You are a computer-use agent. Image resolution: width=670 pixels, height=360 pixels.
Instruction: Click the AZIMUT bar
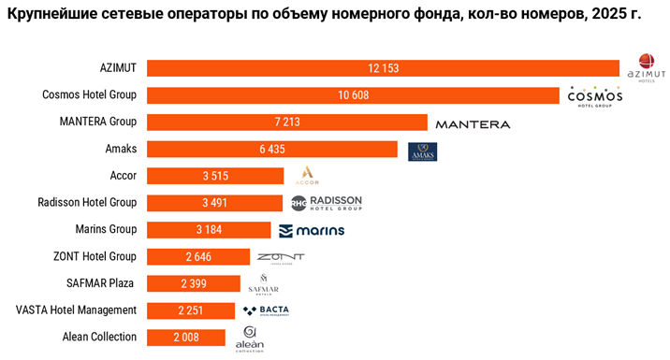pyautogui.click(x=383, y=68)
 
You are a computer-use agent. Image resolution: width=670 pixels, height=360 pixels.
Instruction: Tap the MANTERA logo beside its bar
pyautogui.click(x=473, y=123)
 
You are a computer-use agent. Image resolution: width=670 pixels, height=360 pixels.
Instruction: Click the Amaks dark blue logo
pyautogui.click(x=422, y=151)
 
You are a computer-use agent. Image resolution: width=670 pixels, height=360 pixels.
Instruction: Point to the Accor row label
pyautogui.click(x=123, y=175)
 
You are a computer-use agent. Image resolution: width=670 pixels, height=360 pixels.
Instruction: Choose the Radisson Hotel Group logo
pyautogui.click(x=325, y=203)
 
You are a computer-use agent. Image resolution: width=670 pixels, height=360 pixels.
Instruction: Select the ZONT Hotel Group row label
pyautogui.click(x=95, y=256)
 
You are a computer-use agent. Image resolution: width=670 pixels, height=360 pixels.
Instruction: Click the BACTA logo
pyautogui.click(x=266, y=310)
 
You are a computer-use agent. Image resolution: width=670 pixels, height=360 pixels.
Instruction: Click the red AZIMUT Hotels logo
pyautogui.click(x=645, y=68)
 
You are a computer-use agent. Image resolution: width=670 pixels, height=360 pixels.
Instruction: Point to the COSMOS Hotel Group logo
pyautogui.click(x=594, y=96)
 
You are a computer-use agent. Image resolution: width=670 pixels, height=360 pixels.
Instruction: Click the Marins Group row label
pyautogui.click(x=105, y=229)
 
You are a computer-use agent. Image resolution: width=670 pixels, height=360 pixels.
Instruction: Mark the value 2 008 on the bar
pyautogui.click(x=185, y=338)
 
